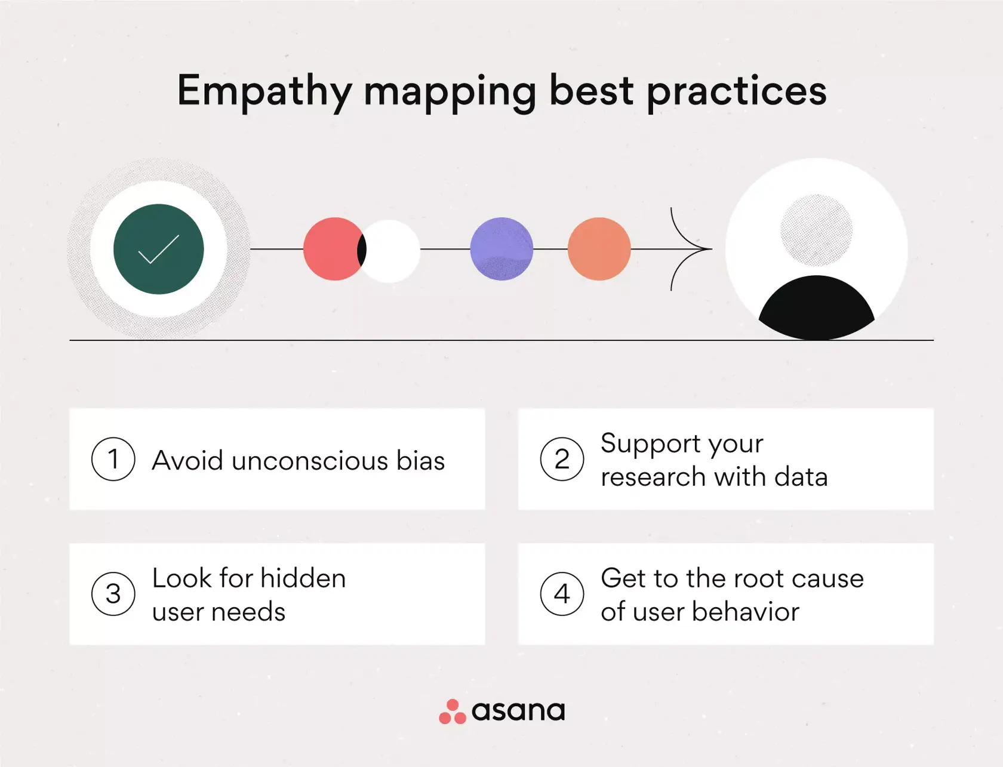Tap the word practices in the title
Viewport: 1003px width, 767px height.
[737, 91]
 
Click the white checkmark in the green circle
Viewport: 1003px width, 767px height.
[158, 249]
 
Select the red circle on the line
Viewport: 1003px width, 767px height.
[330, 249]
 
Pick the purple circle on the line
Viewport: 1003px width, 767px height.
[501, 249]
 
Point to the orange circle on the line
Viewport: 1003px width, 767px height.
[599, 249]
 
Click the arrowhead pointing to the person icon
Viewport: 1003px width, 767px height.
[693, 249]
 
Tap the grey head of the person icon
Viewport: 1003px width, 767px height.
[816, 230]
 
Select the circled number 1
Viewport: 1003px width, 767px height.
[113, 459]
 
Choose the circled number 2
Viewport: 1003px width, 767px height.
[562, 459]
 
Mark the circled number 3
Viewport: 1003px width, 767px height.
[113, 594]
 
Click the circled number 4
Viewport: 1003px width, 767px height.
[562, 594]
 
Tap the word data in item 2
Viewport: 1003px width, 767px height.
[801, 477]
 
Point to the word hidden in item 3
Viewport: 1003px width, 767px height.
[303, 578]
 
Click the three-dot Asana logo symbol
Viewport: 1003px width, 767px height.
[452, 711]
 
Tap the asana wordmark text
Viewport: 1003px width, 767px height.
[518, 711]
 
